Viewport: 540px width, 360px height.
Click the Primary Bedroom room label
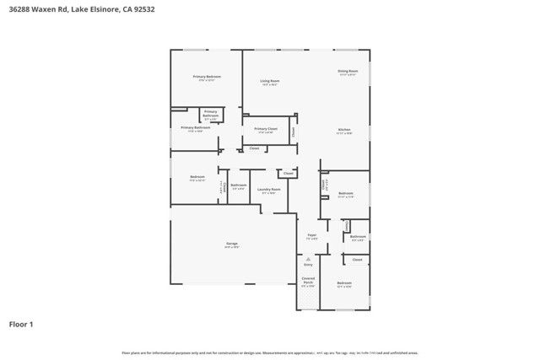pos(207,77)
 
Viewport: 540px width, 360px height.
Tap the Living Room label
pos(270,81)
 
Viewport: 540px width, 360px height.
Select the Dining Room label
pos(348,71)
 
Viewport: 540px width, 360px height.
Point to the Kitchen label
pos(343,129)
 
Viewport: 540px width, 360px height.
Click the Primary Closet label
pos(266,129)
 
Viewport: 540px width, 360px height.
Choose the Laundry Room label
pos(269,190)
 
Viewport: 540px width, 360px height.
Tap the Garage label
pos(231,244)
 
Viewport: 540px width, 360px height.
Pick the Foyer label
pos(311,235)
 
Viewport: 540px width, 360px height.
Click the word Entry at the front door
pos(308,265)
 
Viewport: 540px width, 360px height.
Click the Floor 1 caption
pos(21,324)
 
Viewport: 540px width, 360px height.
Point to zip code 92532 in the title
pos(180,8)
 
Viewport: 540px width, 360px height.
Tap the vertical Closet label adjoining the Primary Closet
pos(294,132)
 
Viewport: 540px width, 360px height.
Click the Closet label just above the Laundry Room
pos(288,173)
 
